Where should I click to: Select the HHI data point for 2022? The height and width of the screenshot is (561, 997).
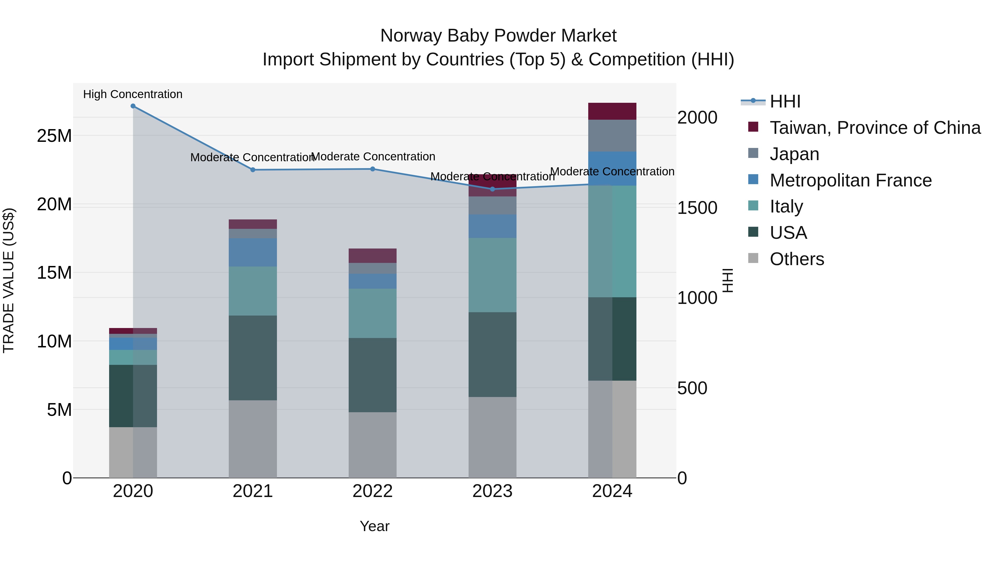pos(372,169)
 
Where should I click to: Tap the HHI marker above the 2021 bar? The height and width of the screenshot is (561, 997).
pos(253,170)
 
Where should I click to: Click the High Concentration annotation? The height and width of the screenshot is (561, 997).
pos(133,94)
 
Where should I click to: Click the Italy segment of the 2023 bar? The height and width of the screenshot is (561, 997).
pos(492,275)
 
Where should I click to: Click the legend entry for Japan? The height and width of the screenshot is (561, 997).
pos(794,154)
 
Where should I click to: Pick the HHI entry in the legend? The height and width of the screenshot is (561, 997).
pos(785,101)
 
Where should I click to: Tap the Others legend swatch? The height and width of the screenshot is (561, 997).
pos(753,258)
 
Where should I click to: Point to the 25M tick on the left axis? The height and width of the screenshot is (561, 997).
pos(54,136)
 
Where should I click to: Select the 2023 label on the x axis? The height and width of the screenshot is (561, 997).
pos(492,491)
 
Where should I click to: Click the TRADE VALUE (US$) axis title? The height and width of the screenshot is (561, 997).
pos(9,280)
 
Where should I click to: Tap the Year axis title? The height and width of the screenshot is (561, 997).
pos(374,526)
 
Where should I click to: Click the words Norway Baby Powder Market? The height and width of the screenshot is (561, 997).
pos(498,36)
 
